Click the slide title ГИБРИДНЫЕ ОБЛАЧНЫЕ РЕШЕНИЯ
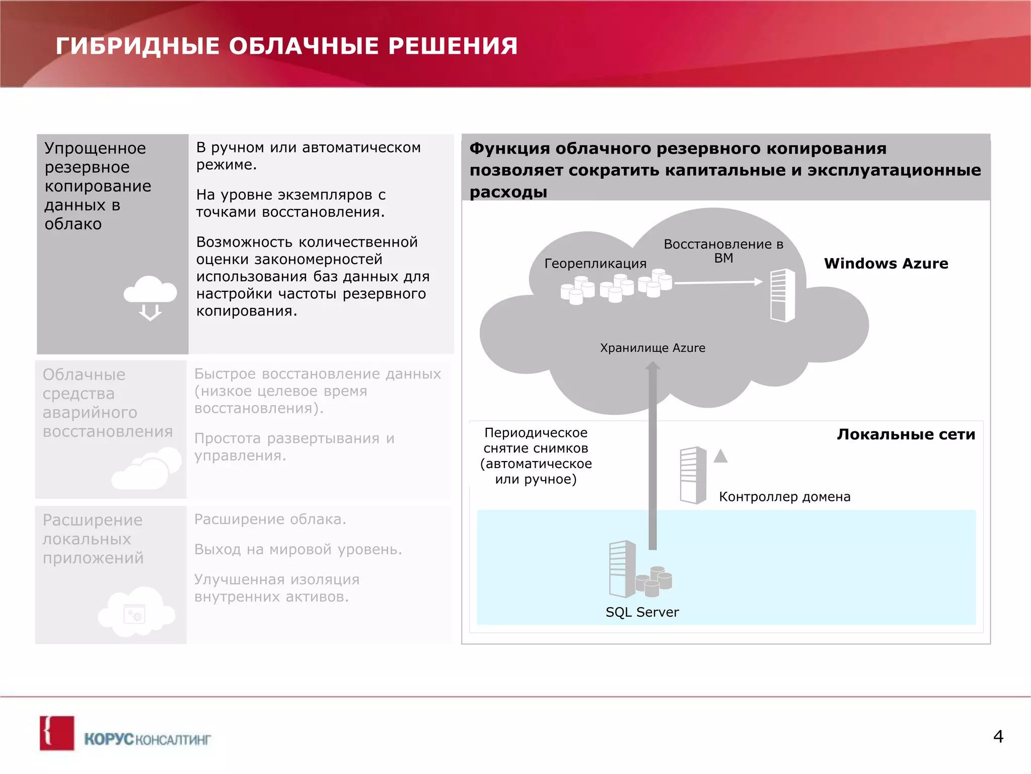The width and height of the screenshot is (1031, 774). pyautogui.click(x=286, y=46)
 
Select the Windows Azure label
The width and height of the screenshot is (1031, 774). pyautogui.click(x=886, y=263)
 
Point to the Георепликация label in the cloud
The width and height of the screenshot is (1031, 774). pyautogui.click(x=595, y=263)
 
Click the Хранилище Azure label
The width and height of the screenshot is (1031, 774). pyautogui.click(x=652, y=348)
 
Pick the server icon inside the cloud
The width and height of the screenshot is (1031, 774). pyautogui.click(x=782, y=295)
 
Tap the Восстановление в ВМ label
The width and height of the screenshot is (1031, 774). pyautogui.click(x=723, y=251)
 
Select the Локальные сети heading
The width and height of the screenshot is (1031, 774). pyautogui.click(x=906, y=434)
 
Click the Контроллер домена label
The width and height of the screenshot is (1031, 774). pyautogui.click(x=784, y=496)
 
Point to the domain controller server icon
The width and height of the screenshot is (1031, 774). pyautogui.click(x=693, y=475)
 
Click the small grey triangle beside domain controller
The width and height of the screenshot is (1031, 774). pyautogui.click(x=720, y=456)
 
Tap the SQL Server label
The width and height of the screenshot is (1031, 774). pyautogui.click(x=642, y=612)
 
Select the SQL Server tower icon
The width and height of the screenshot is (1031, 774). pyautogui.click(x=622, y=568)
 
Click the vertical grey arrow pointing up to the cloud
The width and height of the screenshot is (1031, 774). pyautogui.click(x=652, y=454)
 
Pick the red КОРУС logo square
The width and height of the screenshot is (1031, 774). pyautogui.click(x=57, y=733)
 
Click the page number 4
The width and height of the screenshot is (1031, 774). pyautogui.click(x=998, y=737)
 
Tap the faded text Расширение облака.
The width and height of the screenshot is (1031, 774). pyautogui.click(x=270, y=519)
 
